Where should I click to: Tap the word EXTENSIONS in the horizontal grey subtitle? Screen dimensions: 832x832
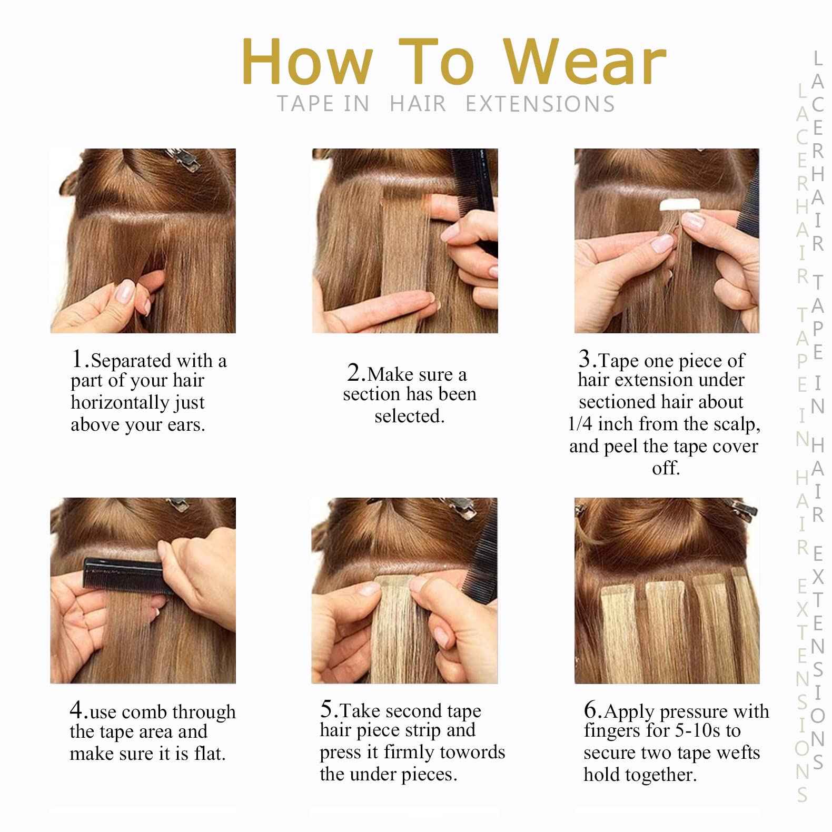tap(540, 104)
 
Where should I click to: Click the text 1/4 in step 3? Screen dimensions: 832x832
tap(580, 424)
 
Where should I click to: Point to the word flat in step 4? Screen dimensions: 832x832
tap(207, 754)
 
